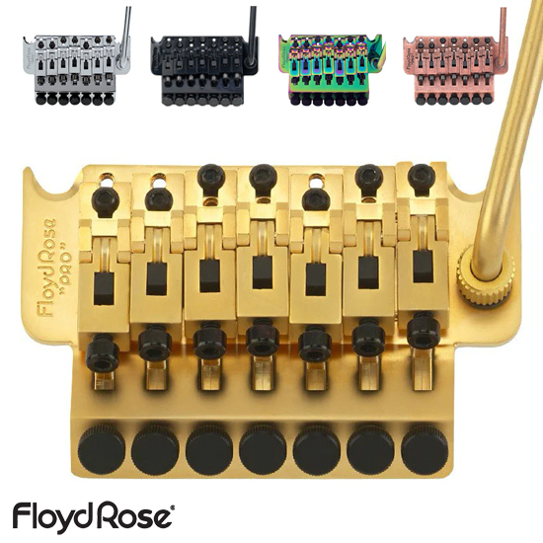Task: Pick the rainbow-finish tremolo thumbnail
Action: [332, 69]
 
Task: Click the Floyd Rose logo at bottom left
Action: [94, 518]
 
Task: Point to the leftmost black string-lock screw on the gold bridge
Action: [103, 353]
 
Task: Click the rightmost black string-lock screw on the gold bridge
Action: [424, 329]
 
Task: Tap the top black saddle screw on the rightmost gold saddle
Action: [421, 175]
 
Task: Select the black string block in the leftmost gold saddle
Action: [105, 289]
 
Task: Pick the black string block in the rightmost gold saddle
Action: [423, 266]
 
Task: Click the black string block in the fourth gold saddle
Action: [263, 272]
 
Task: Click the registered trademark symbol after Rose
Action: [173, 507]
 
